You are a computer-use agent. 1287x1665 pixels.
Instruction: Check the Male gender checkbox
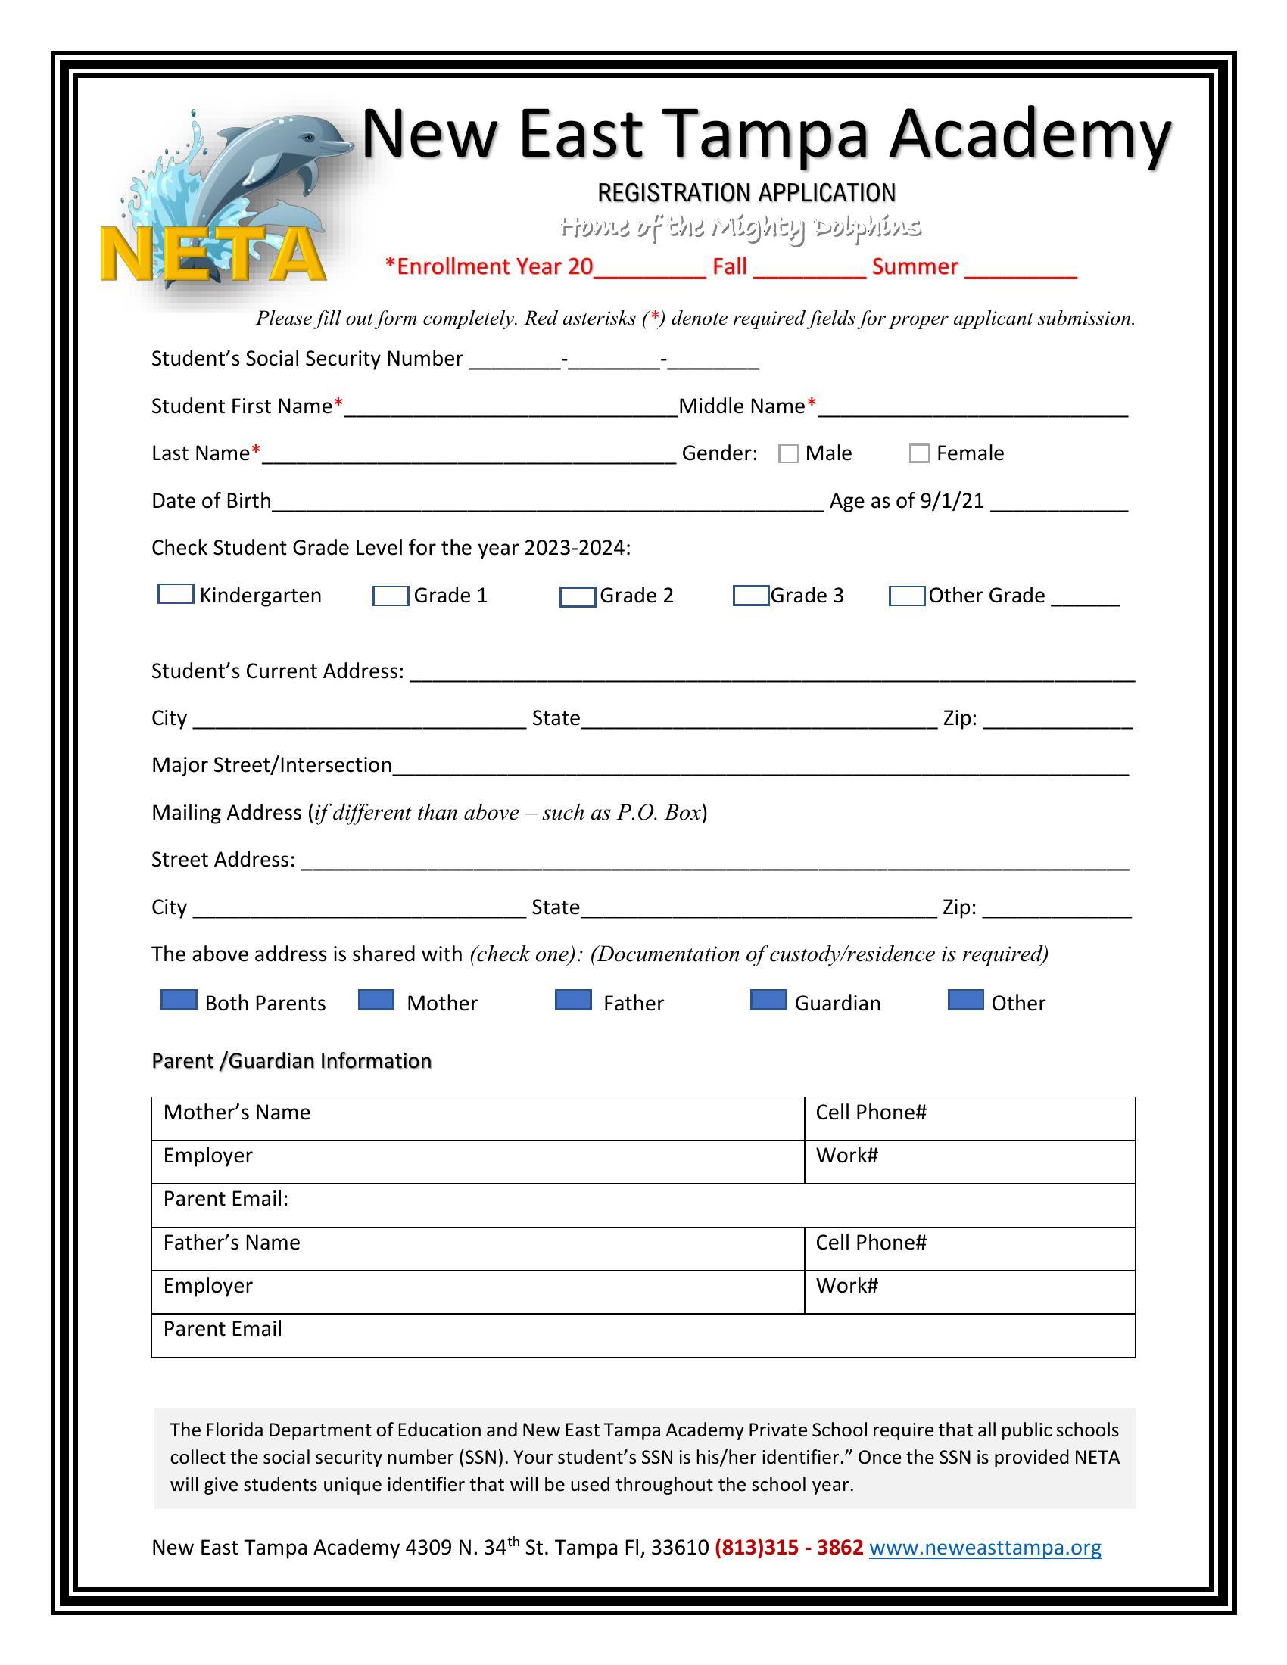(x=788, y=453)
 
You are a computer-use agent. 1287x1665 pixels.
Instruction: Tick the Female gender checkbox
(x=919, y=453)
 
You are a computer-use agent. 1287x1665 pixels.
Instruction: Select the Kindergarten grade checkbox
(x=176, y=594)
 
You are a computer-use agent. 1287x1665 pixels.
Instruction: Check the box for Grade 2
(x=577, y=597)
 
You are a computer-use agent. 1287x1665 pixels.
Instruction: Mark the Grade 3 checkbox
(x=750, y=596)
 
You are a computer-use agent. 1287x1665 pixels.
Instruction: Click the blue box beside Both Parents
(x=179, y=1001)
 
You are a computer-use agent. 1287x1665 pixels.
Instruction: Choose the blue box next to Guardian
(x=768, y=1001)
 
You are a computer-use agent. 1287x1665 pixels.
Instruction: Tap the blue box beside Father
(x=572, y=1001)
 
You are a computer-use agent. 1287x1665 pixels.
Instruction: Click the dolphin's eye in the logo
(x=308, y=138)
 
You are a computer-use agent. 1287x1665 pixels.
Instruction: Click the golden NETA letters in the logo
(x=212, y=254)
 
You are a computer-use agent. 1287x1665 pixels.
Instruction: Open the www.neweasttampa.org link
(x=984, y=1547)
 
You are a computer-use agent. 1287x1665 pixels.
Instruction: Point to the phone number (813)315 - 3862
(x=788, y=1547)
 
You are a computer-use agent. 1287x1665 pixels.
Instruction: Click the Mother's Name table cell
(x=477, y=1119)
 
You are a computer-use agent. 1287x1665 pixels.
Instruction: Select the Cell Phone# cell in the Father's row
(x=969, y=1248)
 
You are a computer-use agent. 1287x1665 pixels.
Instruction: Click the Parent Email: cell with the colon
(x=643, y=1205)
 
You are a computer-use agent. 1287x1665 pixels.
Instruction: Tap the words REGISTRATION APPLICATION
(x=746, y=193)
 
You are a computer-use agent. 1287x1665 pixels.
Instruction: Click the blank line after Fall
(x=810, y=269)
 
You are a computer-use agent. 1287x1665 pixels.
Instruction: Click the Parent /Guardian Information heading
(x=291, y=1060)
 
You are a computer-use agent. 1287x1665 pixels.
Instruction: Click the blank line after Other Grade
(x=1085, y=597)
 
